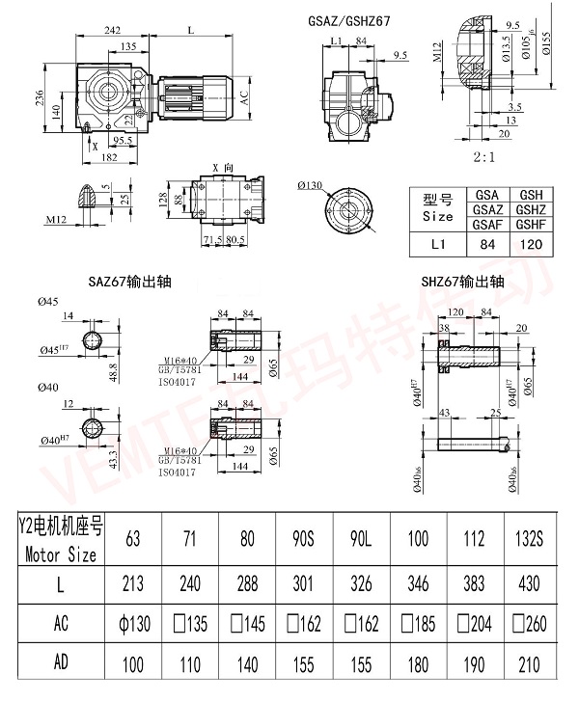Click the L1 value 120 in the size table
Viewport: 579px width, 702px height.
pyautogui.click(x=530, y=245)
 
